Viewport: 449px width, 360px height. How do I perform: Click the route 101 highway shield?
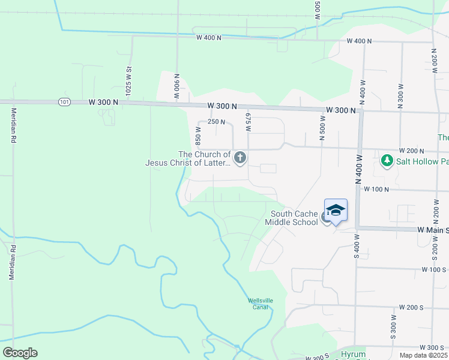tap(64, 102)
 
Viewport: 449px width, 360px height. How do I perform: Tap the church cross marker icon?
tap(240, 158)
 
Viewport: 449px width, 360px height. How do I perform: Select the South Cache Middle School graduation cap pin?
tap(336, 210)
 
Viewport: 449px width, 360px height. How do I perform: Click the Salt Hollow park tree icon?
tap(387, 161)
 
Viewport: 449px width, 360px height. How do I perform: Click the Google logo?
tap(20, 353)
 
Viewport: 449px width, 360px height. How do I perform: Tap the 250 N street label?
tap(215, 122)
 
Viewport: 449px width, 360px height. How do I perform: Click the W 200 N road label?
tap(411, 151)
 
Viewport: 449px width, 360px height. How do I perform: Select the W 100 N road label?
tap(376, 189)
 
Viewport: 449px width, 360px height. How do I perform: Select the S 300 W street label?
tap(393, 326)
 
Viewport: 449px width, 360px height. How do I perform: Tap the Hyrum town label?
tap(353, 355)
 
